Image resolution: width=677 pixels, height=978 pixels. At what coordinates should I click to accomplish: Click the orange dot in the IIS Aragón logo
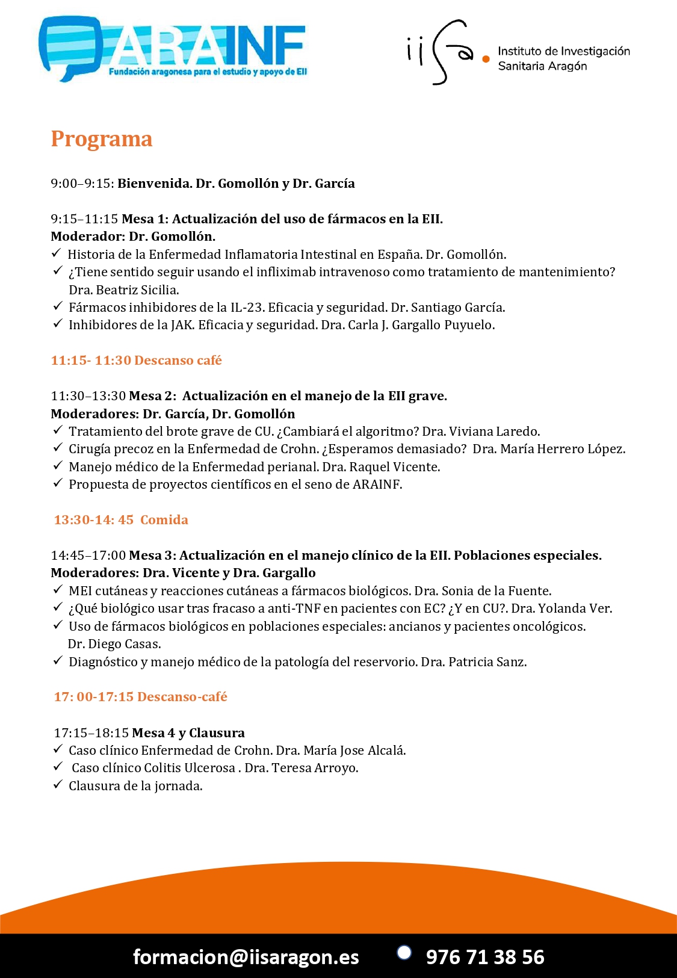coord(486,59)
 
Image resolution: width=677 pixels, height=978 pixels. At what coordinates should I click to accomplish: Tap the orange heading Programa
coord(101,139)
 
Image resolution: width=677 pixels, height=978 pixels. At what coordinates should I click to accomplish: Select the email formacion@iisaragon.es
coord(246,956)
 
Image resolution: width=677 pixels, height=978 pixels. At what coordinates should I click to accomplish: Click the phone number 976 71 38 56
coord(485,956)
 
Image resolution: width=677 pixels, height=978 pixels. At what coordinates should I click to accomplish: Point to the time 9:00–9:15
coord(82,184)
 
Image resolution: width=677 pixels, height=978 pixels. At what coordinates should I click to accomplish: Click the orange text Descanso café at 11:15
coord(178,361)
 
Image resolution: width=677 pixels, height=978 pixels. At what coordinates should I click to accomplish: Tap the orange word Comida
coord(164,520)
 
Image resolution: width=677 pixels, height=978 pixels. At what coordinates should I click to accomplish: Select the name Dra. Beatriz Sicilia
coord(123,290)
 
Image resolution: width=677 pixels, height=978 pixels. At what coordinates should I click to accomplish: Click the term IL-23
coord(247,308)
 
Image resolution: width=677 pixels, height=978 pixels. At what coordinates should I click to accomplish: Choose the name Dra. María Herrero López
coord(549,449)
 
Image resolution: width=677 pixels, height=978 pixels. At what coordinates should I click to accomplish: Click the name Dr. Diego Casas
coord(114,644)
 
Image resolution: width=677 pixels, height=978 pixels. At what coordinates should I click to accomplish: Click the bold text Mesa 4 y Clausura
coord(188,733)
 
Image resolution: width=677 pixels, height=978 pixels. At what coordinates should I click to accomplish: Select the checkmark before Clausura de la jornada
coord(58,785)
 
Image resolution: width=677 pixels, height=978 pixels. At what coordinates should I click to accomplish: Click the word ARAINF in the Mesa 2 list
coord(377,484)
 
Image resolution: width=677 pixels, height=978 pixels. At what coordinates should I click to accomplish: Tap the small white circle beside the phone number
coord(404,952)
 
